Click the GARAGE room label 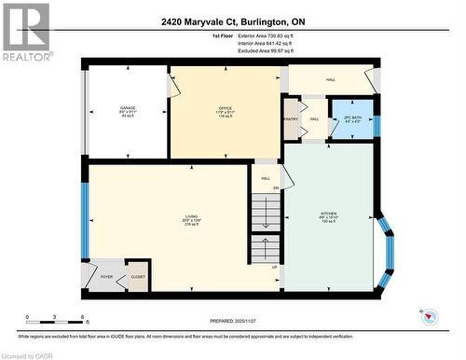128,108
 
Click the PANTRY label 291,119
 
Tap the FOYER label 105,278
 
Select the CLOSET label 136,278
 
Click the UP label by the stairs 274,267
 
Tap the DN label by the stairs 275,188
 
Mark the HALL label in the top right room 331,79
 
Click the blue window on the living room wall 85,220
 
